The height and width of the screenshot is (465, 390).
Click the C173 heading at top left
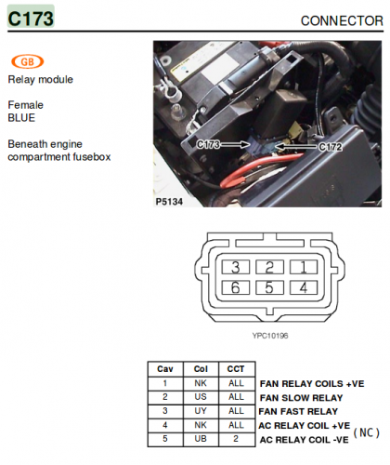pyautogui.click(x=31, y=19)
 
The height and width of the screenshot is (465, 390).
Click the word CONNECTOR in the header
pyautogui.click(x=342, y=20)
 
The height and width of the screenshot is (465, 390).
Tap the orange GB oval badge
pyautogui.click(x=28, y=61)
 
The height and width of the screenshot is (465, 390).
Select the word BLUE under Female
pyautogui.click(x=21, y=118)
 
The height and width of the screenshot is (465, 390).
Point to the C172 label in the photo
pyautogui.click(x=331, y=147)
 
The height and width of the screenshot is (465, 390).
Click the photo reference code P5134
pyautogui.click(x=169, y=202)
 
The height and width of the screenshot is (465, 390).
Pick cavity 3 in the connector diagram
pyautogui.click(x=236, y=267)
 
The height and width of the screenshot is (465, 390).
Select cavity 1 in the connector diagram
pyautogui.click(x=304, y=267)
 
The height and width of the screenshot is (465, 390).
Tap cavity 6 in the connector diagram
pyautogui.click(x=236, y=287)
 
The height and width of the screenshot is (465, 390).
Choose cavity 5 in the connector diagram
pyautogui.click(x=269, y=287)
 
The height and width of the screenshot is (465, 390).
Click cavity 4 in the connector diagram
pyautogui.click(x=304, y=287)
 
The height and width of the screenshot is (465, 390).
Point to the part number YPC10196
pyautogui.click(x=270, y=336)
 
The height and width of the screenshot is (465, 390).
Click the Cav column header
pyautogui.click(x=165, y=369)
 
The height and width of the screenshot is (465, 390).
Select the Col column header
pyautogui.click(x=201, y=369)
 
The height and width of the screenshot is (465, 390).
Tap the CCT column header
pyautogui.click(x=236, y=369)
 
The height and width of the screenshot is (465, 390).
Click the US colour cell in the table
pyautogui.click(x=201, y=397)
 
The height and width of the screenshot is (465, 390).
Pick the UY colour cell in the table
pyautogui.click(x=201, y=411)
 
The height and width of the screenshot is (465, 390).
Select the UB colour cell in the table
pyautogui.click(x=201, y=439)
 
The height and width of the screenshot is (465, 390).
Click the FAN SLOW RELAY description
pyautogui.click(x=301, y=398)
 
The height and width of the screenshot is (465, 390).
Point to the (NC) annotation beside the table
pyautogui.click(x=367, y=432)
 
